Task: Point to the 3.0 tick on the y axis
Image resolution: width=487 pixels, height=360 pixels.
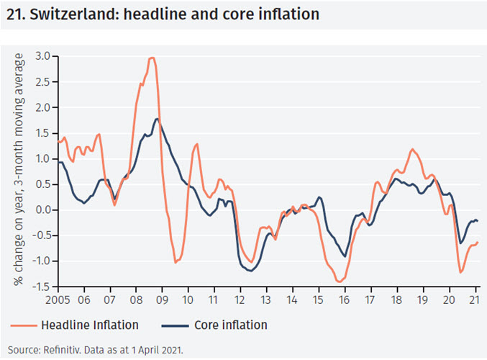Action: pos(44,56)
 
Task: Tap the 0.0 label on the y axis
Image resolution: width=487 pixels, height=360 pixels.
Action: pos(44,210)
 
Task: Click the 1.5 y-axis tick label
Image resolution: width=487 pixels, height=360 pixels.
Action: pos(44,133)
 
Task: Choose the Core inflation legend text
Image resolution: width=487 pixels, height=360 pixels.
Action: pos(230,325)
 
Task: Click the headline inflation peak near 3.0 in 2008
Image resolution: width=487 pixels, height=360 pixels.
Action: pos(152,58)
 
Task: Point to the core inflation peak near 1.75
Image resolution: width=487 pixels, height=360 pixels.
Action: pos(157,119)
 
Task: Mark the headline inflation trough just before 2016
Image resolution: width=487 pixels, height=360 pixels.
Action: pos(339,282)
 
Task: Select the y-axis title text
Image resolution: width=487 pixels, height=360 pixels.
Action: pos(19,169)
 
